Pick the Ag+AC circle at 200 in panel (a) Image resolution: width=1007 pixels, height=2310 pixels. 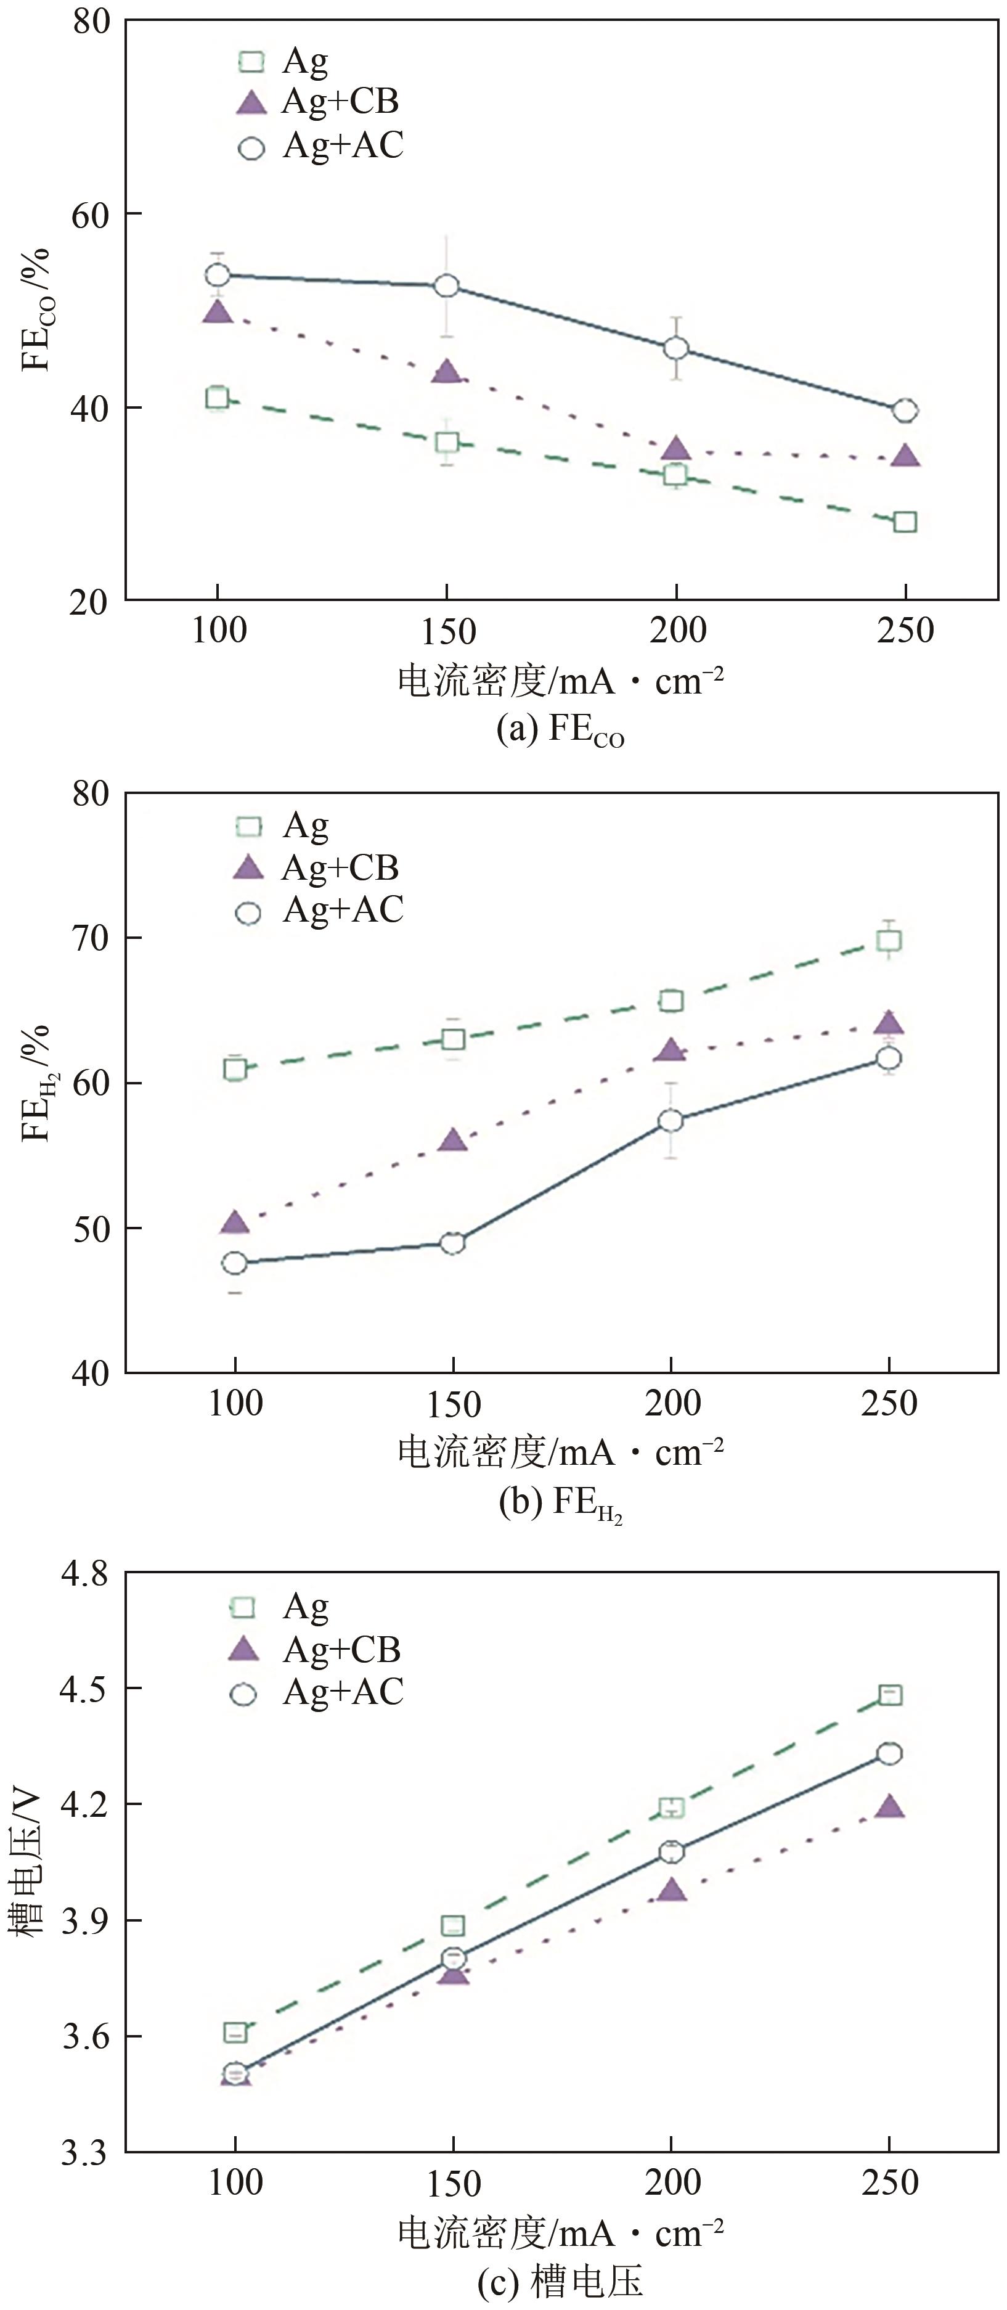click(x=676, y=348)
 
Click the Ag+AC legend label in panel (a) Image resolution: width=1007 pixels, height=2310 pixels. click(x=343, y=145)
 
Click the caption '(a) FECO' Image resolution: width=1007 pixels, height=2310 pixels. click(x=560, y=731)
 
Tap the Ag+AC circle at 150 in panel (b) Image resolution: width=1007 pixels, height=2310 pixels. click(x=454, y=1243)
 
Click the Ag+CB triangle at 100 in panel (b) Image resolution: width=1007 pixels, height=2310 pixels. click(x=234, y=1223)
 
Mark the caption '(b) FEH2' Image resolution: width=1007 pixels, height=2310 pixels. click(x=560, y=1503)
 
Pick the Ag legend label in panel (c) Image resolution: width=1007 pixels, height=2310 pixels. click(x=306, y=1607)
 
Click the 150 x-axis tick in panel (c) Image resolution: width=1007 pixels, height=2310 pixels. click(x=454, y=2184)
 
